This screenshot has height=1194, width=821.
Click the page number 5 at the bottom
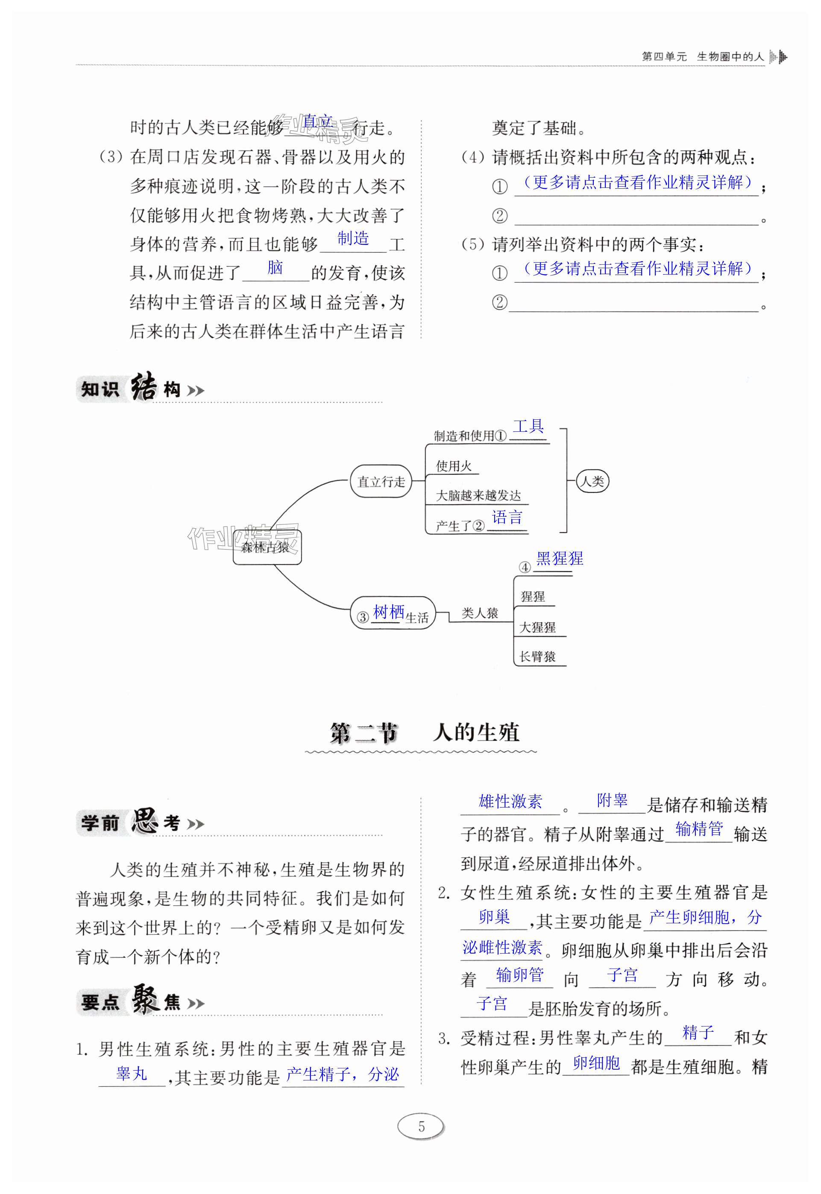coord(421,1127)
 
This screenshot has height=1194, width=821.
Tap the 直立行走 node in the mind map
coord(381,482)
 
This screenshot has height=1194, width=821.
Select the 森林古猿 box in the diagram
coord(267,547)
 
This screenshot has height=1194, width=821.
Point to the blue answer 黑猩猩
coord(559,559)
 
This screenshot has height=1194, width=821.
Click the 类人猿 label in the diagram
coord(479,613)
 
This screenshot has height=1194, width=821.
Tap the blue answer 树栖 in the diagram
coord(388,612)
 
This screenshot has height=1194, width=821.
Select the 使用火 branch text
coord(454,466)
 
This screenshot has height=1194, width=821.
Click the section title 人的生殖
coord(476,733)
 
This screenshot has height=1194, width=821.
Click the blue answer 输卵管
coord(519,975)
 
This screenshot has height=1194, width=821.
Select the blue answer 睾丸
coord(132,1074)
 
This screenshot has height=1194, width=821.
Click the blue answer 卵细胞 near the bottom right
coord(596,1063)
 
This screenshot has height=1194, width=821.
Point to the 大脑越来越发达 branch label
coord(478,496)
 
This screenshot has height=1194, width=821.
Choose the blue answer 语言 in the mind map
coord(507,517)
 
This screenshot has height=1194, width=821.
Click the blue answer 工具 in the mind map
coord(528,426)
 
